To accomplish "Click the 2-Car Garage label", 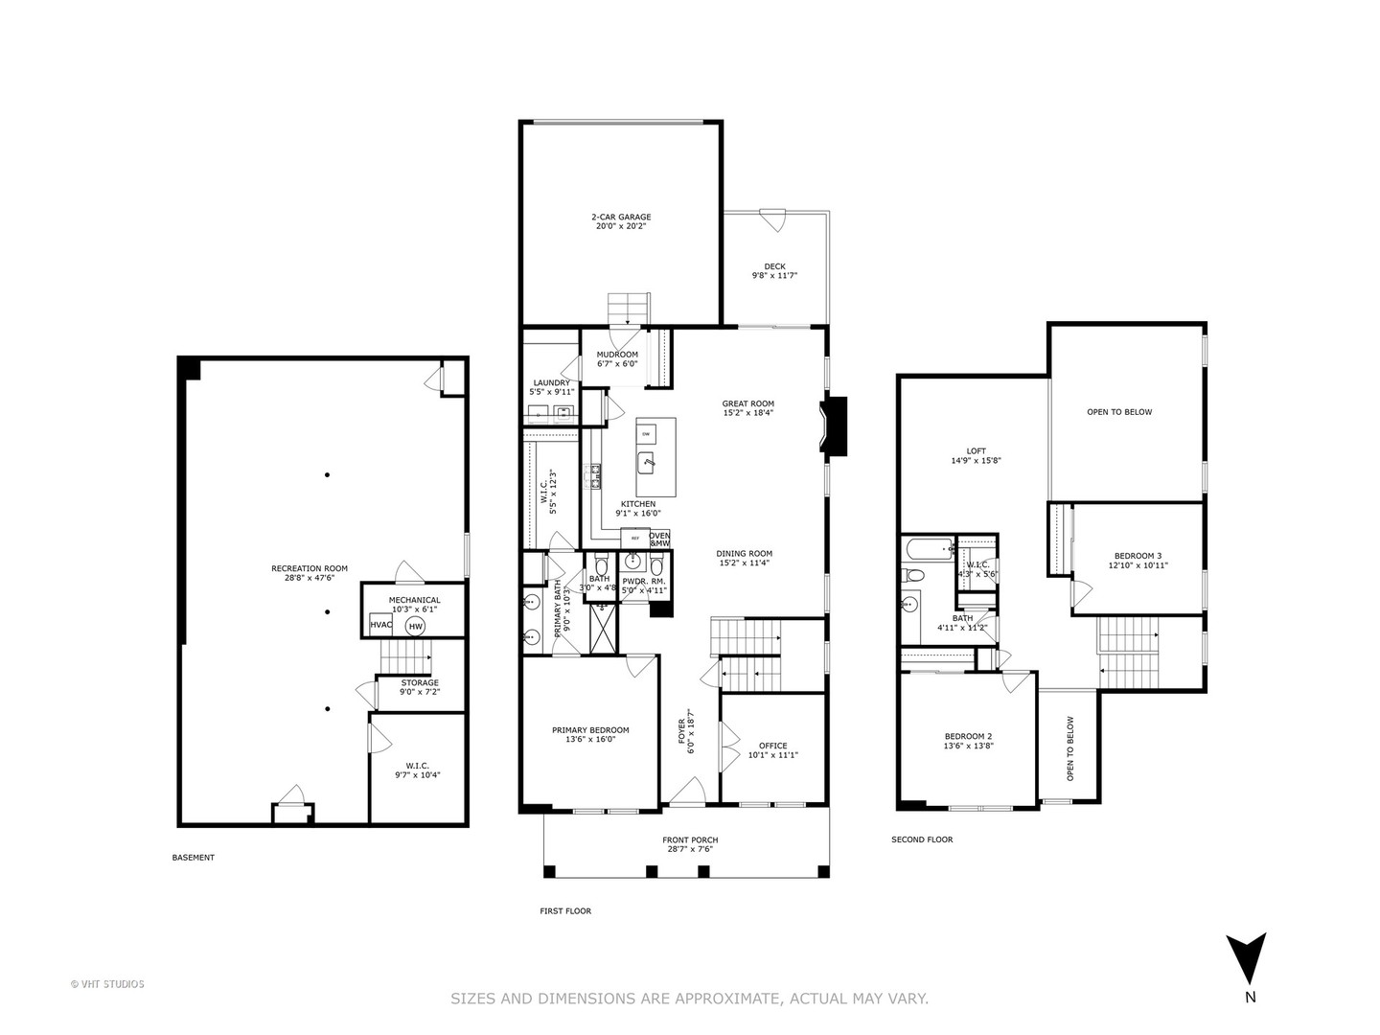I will click(620, 217).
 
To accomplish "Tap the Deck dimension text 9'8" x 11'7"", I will click(774, 276).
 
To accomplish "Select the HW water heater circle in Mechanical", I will click(415, 627).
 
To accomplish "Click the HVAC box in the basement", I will click(380, 626).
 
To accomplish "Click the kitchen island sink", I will click(649, 464).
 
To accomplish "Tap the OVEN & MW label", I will click(659, 539).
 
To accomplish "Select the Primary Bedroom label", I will click(590, 730).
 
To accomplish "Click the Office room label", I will click(772, 746).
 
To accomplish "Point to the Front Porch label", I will click(690, 840).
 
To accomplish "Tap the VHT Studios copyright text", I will click(107, 983).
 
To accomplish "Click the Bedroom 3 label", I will click(1138, 556).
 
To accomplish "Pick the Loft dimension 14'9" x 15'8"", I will click(976, 461).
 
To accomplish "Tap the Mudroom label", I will click(617, 355).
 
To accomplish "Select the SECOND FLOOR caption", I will click(922, 839).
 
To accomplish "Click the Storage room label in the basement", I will click(420, 683).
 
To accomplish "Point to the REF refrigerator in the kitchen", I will click(633, 539).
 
